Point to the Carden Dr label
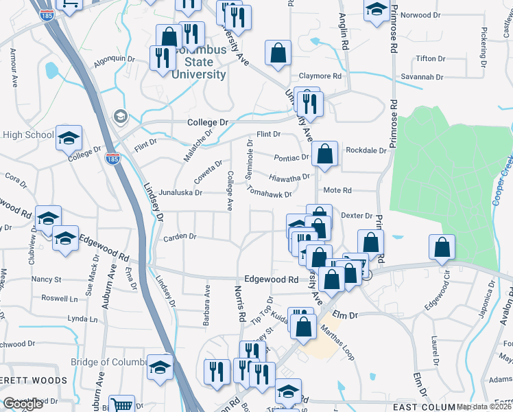[180, 237]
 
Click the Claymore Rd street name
[320, 76]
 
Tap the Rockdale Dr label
[366, 150]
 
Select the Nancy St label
[47, 279]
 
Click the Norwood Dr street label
[420, 15]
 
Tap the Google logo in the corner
[23, 404]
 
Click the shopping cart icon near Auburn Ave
[123, 405]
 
